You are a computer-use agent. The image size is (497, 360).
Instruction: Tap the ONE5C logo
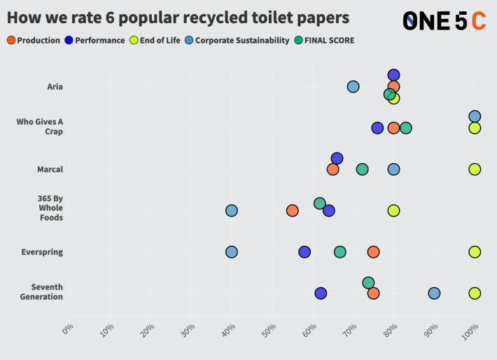pos(444,21)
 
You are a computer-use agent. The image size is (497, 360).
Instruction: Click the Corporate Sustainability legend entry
pos(237,40)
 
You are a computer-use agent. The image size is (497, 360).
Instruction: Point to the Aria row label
pos(55,87)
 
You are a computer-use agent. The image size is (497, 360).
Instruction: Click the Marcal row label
pos(50,169)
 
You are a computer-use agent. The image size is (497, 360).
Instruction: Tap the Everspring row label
pos(44,252)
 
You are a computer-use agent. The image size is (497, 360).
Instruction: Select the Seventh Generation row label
pos(47,291)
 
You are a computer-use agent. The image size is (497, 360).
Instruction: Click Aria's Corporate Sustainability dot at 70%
pos(353,87)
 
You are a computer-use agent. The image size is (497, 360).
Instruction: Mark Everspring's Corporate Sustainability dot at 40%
pos(231,252)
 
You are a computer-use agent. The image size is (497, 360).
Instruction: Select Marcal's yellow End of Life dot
pos(475,169)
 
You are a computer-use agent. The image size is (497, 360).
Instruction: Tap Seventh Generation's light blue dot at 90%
pos(434,293)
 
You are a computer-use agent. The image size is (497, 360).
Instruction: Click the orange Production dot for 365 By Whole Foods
pos(292,211)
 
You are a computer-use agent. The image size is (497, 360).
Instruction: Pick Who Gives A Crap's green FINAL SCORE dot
pos(406,128)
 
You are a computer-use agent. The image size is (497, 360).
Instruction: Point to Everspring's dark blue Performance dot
pos(304,252)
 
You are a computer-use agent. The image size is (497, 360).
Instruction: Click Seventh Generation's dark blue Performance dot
pos(321,293)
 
